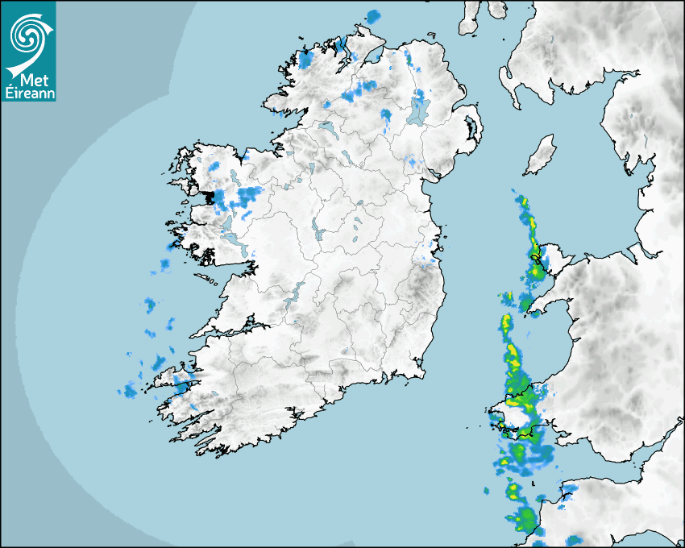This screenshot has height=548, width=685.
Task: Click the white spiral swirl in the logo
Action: [x=27, y=33]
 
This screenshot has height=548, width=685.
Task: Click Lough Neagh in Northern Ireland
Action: [x=418, y=110]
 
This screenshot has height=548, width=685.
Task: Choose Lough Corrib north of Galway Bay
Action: [x=234, y=239]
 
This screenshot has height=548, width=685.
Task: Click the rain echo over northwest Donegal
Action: [x=305, y=59]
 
